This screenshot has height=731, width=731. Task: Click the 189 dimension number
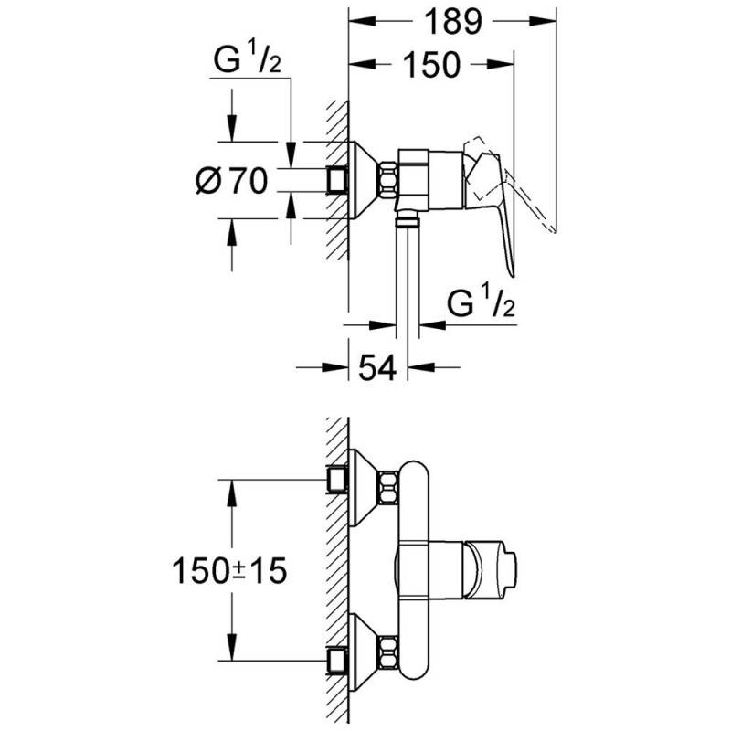(453, 21)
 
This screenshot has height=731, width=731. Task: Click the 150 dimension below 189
(431, 64)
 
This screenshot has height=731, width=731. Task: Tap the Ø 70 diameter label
(232, 180)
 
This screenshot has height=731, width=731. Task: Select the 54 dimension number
(377, 368)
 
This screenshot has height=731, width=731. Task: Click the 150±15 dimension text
(229, 570)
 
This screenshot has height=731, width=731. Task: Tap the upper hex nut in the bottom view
(389, 488)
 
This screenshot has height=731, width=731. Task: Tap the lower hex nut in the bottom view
(389, 652)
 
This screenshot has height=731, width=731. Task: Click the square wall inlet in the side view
(337, 180)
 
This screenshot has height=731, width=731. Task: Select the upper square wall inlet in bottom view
(337, 481)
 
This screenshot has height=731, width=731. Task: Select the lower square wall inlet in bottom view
(337, 661)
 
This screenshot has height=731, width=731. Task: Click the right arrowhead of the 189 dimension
(543, 21)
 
